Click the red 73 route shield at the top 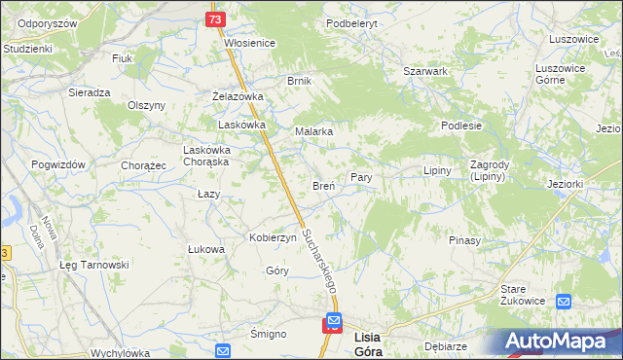tap(215, 19)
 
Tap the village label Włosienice tap(250, 43)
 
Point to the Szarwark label tap(425, 71)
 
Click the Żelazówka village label tap(238, 96)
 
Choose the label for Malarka tap(314, 131)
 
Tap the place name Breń tap(323, 185)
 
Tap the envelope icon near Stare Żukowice tap(564, 302)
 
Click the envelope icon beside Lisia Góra tap(334, 320)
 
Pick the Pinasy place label tap(464, 239)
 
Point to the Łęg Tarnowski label tap(93, 265)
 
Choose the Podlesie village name tap(461, 126)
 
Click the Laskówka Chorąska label tap(206, 156)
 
